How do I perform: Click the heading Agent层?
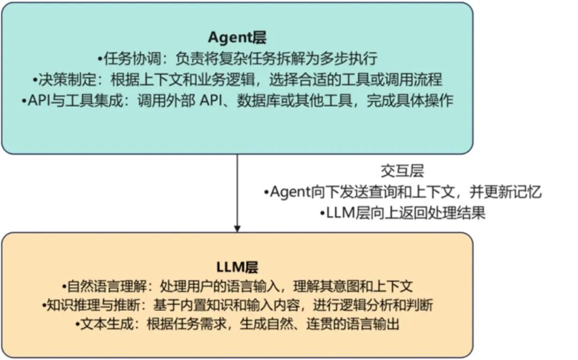(237, 37)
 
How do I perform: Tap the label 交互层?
(402, 171)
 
